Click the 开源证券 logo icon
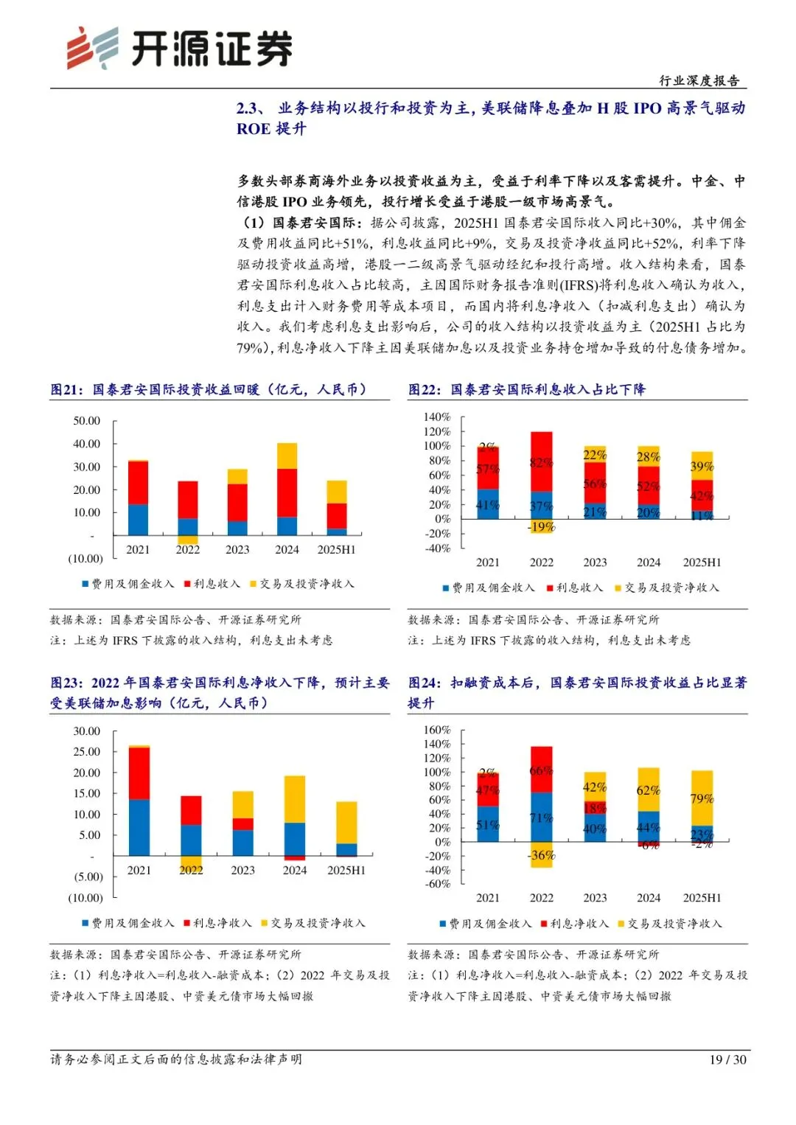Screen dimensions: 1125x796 pos(93,48)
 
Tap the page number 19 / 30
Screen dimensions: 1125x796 pos(727,1059)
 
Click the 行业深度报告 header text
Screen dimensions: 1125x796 pos(699,81)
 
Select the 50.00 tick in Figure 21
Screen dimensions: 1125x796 pos(86,421)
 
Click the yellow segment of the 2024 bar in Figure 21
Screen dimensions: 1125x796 pos(287,456)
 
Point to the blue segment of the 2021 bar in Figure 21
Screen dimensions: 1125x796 pos(138,519)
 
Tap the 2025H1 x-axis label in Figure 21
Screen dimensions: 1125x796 pos(336,549)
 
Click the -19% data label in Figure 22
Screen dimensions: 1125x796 pos(541,526)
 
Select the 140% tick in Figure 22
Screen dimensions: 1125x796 pos(436,417)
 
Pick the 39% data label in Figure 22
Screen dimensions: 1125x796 pos(702,466)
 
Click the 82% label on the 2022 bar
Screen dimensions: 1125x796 pos(541,462)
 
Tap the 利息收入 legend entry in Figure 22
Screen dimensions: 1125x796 pos(574,588)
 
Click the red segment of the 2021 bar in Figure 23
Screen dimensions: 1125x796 pos(139,773)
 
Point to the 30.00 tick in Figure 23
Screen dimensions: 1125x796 pos(86,731)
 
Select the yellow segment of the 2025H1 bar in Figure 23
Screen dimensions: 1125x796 pos(346,822)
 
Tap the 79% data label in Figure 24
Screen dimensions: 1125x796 pos(702,798)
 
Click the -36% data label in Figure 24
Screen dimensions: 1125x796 pos(541,855)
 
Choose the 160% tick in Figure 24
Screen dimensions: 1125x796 pos(436,730)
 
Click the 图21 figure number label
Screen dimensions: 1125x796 pos(66,389)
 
